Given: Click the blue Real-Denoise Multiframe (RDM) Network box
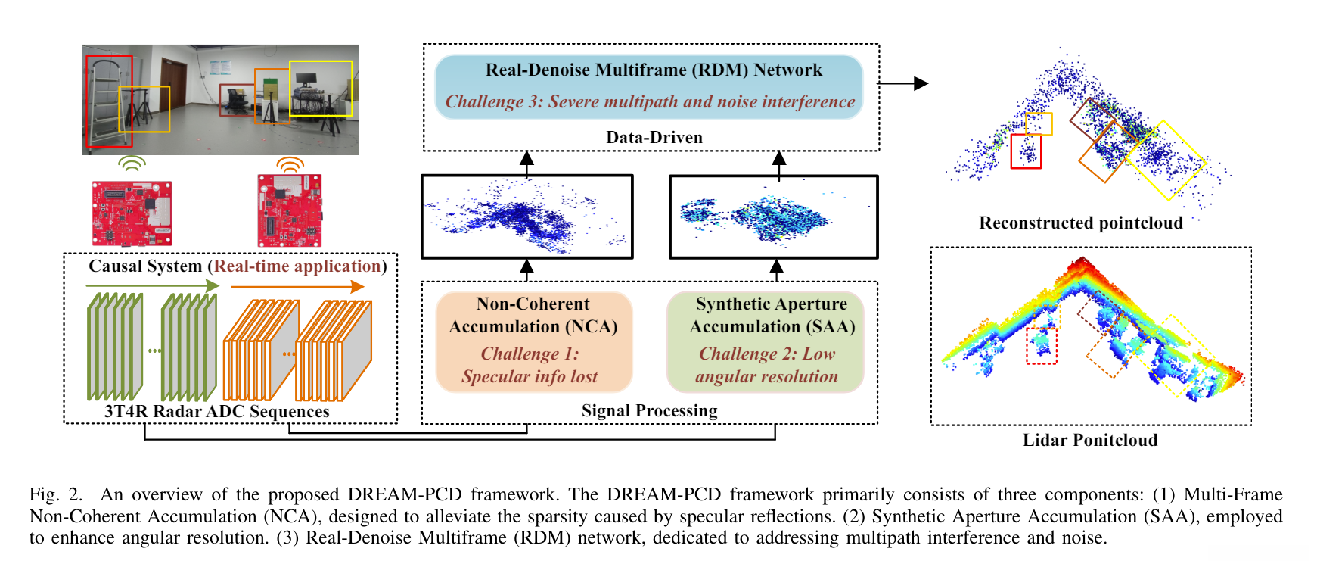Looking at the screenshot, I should pyautogui.click(x=649, y=86).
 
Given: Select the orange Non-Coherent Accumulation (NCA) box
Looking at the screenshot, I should pyautogui.click(x=533, y=341).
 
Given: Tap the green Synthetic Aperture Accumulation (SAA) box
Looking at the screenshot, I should pyautogui.click(x=765, y=341).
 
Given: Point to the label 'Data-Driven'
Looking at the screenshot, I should pyautogui.click(x=654, y=138).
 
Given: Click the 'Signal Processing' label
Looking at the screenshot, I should pyautogui.click(x=649, y=411).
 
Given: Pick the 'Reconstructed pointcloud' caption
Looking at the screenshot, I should pyautogui.click(x=1080, y=223).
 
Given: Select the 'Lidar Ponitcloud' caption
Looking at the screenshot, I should pyautogui.click(x=1090, y=441).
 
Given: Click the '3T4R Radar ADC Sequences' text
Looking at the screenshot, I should pyautogui.click(x=217, y=412).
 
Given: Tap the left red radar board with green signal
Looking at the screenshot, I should pyautogui.click(x=132, y=213).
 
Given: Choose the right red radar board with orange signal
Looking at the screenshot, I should pyautogui.click(x=290, y=210).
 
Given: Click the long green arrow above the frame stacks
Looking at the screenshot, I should pyautogui.click(x=151, y=286).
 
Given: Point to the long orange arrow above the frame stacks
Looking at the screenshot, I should pyautogui.click(x=297, y=287).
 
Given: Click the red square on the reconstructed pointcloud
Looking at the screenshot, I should pyautogui.click(x=1026, y=151).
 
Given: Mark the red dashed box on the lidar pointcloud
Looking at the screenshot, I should pyautogui.click(x=1042, y=345).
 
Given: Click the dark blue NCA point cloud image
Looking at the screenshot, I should pyautogui.click(x=526, y=217).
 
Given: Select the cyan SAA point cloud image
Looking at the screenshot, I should pyautogui.click(x=773, y=217).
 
